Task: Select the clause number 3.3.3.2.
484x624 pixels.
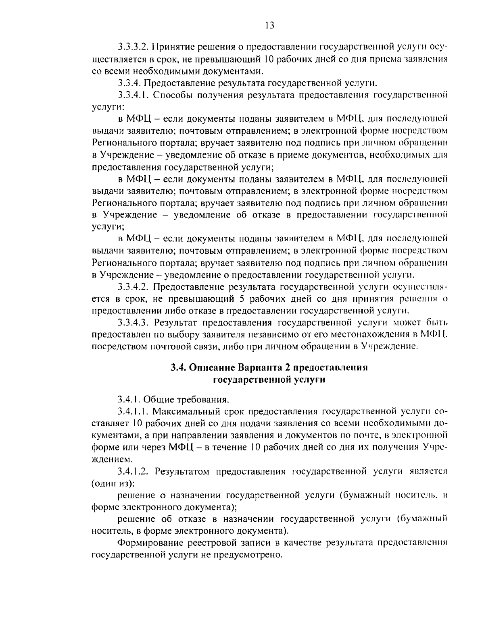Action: (x=135, y=47)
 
